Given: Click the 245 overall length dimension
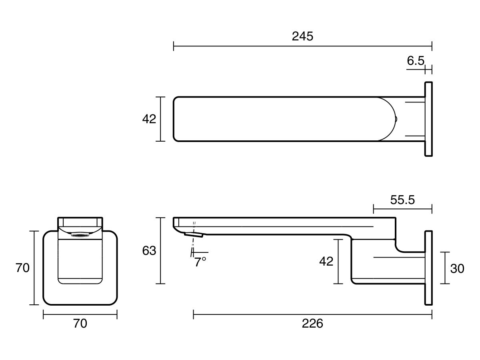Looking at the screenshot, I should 302,36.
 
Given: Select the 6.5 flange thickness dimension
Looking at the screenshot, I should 415,61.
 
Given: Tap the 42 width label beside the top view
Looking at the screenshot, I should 149,119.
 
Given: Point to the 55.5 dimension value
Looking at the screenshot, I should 402,200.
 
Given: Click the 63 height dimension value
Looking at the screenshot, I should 149,251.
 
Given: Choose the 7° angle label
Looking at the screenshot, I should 200,262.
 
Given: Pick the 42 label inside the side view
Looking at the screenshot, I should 326,261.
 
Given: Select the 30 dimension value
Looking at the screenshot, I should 457,268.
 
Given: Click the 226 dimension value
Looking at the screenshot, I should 312,324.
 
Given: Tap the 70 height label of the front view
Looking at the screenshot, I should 23,268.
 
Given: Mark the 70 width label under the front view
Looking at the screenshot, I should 80,324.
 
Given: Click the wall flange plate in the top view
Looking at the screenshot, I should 428,119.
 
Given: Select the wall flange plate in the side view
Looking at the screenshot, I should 428,268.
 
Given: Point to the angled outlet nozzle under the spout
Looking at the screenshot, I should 194,234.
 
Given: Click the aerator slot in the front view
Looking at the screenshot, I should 80,235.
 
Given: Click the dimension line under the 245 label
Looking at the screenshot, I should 302,46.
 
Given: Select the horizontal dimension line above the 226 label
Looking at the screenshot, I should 312,315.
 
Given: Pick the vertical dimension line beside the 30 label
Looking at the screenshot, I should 445,268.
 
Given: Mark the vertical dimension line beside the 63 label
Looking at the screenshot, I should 160,251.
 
